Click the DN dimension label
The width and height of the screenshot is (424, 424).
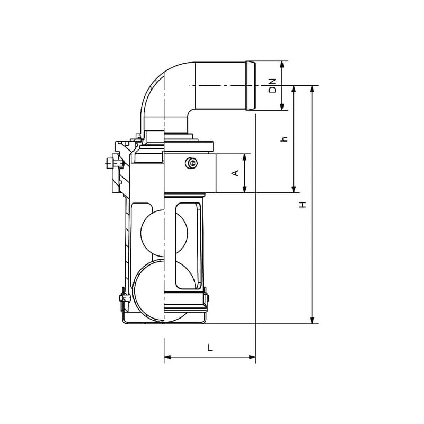point(273,86)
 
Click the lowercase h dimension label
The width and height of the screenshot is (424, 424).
point(284,139)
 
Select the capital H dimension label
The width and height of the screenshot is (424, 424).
point(303,205)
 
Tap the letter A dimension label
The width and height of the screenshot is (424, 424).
point(236,173)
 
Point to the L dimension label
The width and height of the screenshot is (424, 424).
point(210,348)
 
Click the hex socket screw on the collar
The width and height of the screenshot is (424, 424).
point(191,163)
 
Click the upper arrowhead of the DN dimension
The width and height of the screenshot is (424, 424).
point(282,65)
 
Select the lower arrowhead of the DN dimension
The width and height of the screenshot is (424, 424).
point(282,107)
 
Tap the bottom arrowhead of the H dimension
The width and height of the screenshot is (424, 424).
point(312,320)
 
